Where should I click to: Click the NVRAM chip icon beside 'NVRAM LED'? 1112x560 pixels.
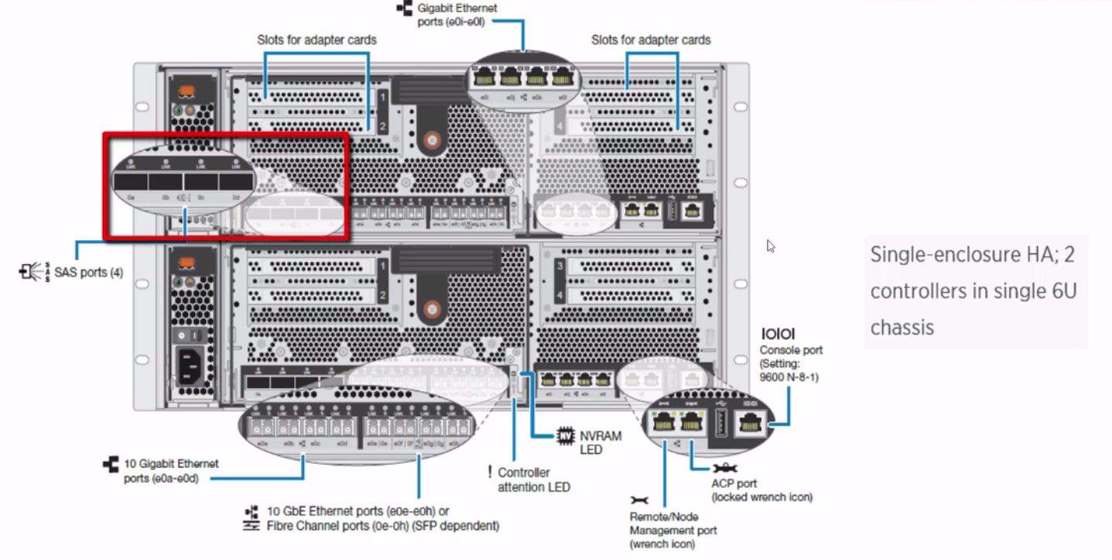tap(566, 436)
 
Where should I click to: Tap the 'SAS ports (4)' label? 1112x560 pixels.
tap(87, 272)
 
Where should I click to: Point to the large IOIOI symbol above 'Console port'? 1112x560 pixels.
tap(778, 334)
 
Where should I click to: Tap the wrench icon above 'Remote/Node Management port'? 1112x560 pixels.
tap(640, 500)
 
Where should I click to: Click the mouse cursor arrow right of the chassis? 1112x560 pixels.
tap(771, 246)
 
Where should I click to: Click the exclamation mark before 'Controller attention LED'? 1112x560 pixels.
tap(489, 472)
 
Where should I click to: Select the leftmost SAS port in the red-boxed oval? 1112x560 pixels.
tap(131, 182)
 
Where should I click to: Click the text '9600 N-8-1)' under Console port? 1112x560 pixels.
tap(789, 377)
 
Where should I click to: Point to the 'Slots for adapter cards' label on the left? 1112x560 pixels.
tap(316, 40)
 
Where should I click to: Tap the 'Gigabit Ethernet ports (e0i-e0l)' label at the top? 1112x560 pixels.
tap(457, 15)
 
